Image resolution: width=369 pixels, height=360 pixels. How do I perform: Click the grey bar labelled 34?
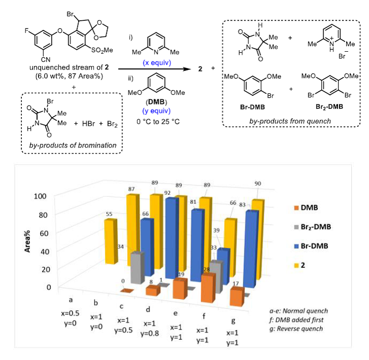(136, 267)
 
